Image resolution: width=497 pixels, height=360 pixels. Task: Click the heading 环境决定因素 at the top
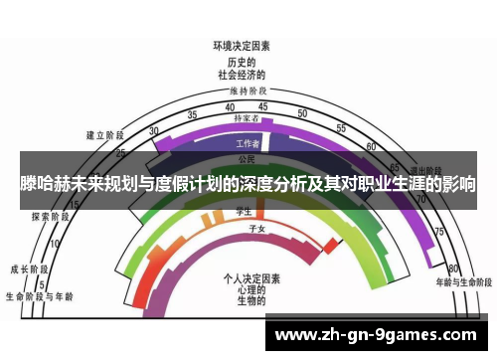pyautogui.click(x=242, y=46)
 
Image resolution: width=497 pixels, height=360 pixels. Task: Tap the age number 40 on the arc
pyautogui.click(x=230, y=106)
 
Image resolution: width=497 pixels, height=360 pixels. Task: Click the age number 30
pyautogui.click(x=153, y=131)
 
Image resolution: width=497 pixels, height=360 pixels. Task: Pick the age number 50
pyautogui.click(x=303, y=112)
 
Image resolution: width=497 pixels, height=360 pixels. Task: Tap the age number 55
pyautogui.click(x=341, y=128)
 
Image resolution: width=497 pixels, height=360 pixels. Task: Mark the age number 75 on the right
pyautogui.click(x=437, y=231)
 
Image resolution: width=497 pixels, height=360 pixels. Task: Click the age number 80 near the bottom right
pyautogui.click(x=453, y=269)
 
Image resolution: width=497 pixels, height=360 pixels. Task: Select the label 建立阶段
pyautogui.click(x=104, y=134)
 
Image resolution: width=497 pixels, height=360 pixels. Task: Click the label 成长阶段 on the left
pyautogui.click(x=27, y=269)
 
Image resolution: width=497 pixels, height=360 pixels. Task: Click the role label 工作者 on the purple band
pyautogui.click(x=248, y=144)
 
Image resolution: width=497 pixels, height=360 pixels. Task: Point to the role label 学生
pyautogui.click(x=242, y=211)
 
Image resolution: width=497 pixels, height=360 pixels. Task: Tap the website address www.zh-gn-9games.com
pyautogui.click(x=375, y=335)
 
